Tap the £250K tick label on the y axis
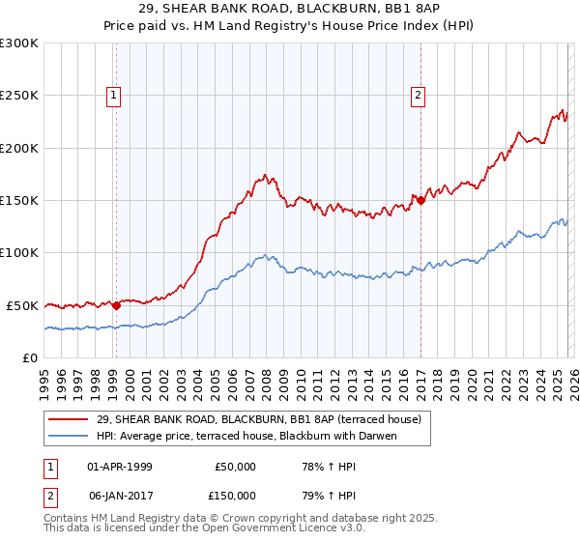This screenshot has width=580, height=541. (20, 96)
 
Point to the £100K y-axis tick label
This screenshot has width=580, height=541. (20, 252)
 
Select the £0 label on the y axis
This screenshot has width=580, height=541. (30, 357)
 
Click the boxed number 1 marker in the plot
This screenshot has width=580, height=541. (114, 95)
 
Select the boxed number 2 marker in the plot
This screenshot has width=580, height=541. (418, 95)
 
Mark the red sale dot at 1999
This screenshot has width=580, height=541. (116, 305)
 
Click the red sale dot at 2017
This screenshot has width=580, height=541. (420, 201)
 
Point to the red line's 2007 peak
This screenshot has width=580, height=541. (264, 177)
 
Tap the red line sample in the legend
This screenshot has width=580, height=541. (69, 420)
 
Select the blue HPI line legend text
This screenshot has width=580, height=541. (247, 437)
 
